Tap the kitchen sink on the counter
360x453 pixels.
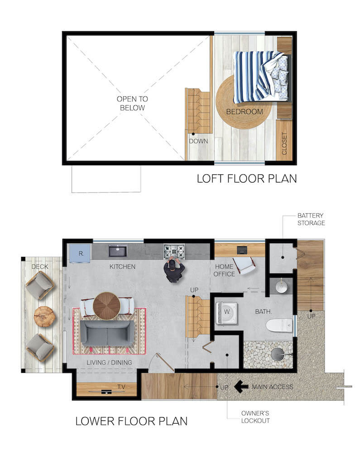pos(117,251)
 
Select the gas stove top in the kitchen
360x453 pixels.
pos(174,251)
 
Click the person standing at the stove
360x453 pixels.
pos(174,270)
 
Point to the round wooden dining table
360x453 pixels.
pos(106,306)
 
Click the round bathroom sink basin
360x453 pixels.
pos(282,287)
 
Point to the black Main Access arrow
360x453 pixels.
pos(241,386)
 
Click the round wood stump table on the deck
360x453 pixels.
pos(44,317)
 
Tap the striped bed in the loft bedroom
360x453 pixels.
pos(261,77)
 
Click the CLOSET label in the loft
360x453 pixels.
pos(284,143)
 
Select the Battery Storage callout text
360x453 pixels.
pos(311,219)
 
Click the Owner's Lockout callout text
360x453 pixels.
pos(255,417)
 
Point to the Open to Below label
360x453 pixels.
pos(132,103)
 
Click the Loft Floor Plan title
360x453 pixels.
pos(247,178)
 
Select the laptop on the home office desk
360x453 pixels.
pos(241,250)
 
